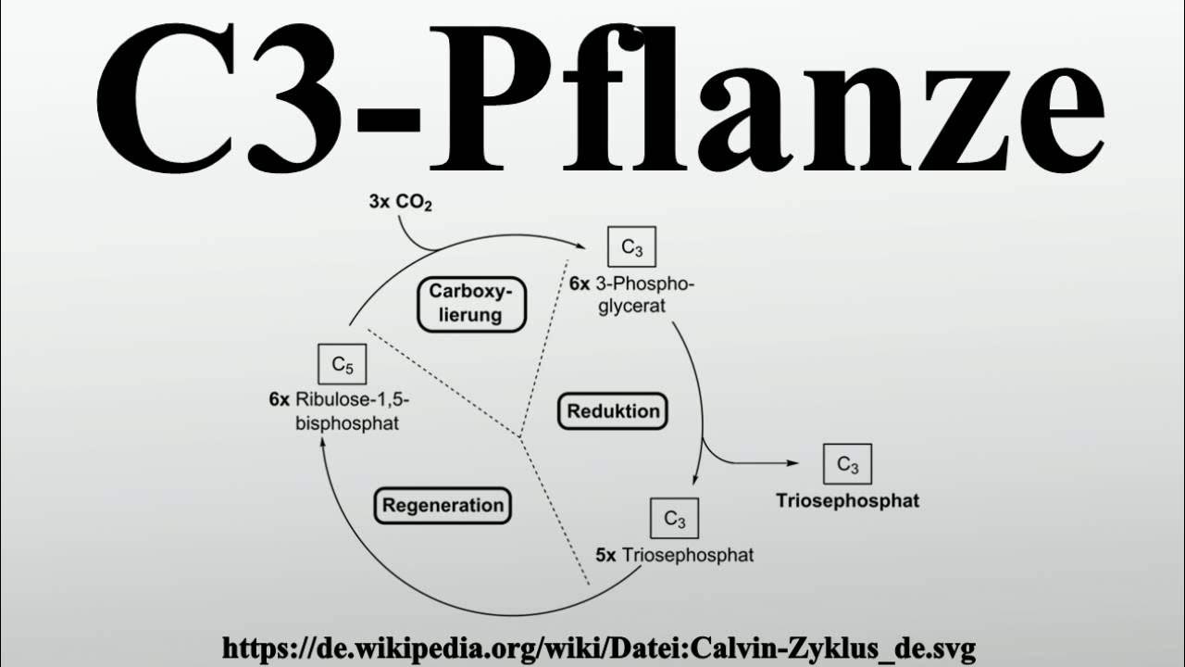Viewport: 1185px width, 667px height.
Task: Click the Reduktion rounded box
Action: coord(613,411)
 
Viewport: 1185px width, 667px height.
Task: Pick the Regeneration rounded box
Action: coord(443,505)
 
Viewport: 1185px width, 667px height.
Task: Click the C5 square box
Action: coord(342,364)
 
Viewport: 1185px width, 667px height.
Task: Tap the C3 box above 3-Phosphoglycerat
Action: coord(631,248)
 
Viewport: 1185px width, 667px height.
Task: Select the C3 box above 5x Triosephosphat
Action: coord(675,520)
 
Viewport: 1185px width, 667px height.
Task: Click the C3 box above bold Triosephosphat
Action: coord(847,464)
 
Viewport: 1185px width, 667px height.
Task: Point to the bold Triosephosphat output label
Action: coord(847,501)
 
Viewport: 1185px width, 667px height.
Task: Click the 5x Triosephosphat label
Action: coord(674,555)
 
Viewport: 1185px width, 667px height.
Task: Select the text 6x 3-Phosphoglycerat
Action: coord(631,295)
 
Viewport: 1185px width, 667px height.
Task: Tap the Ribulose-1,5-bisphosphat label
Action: coord(340,411)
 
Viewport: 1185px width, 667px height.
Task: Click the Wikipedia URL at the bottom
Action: coord(599,648)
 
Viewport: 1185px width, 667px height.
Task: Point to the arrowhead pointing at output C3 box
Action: coord(792,463)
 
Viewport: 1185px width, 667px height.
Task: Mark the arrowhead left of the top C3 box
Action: coord(583,246)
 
